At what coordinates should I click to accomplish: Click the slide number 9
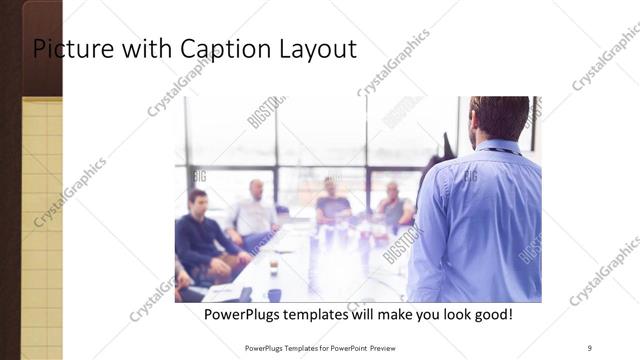click(589, 348)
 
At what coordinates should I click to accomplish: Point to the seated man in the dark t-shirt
click(332, 204)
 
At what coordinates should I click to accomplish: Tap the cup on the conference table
click(273, 267)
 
